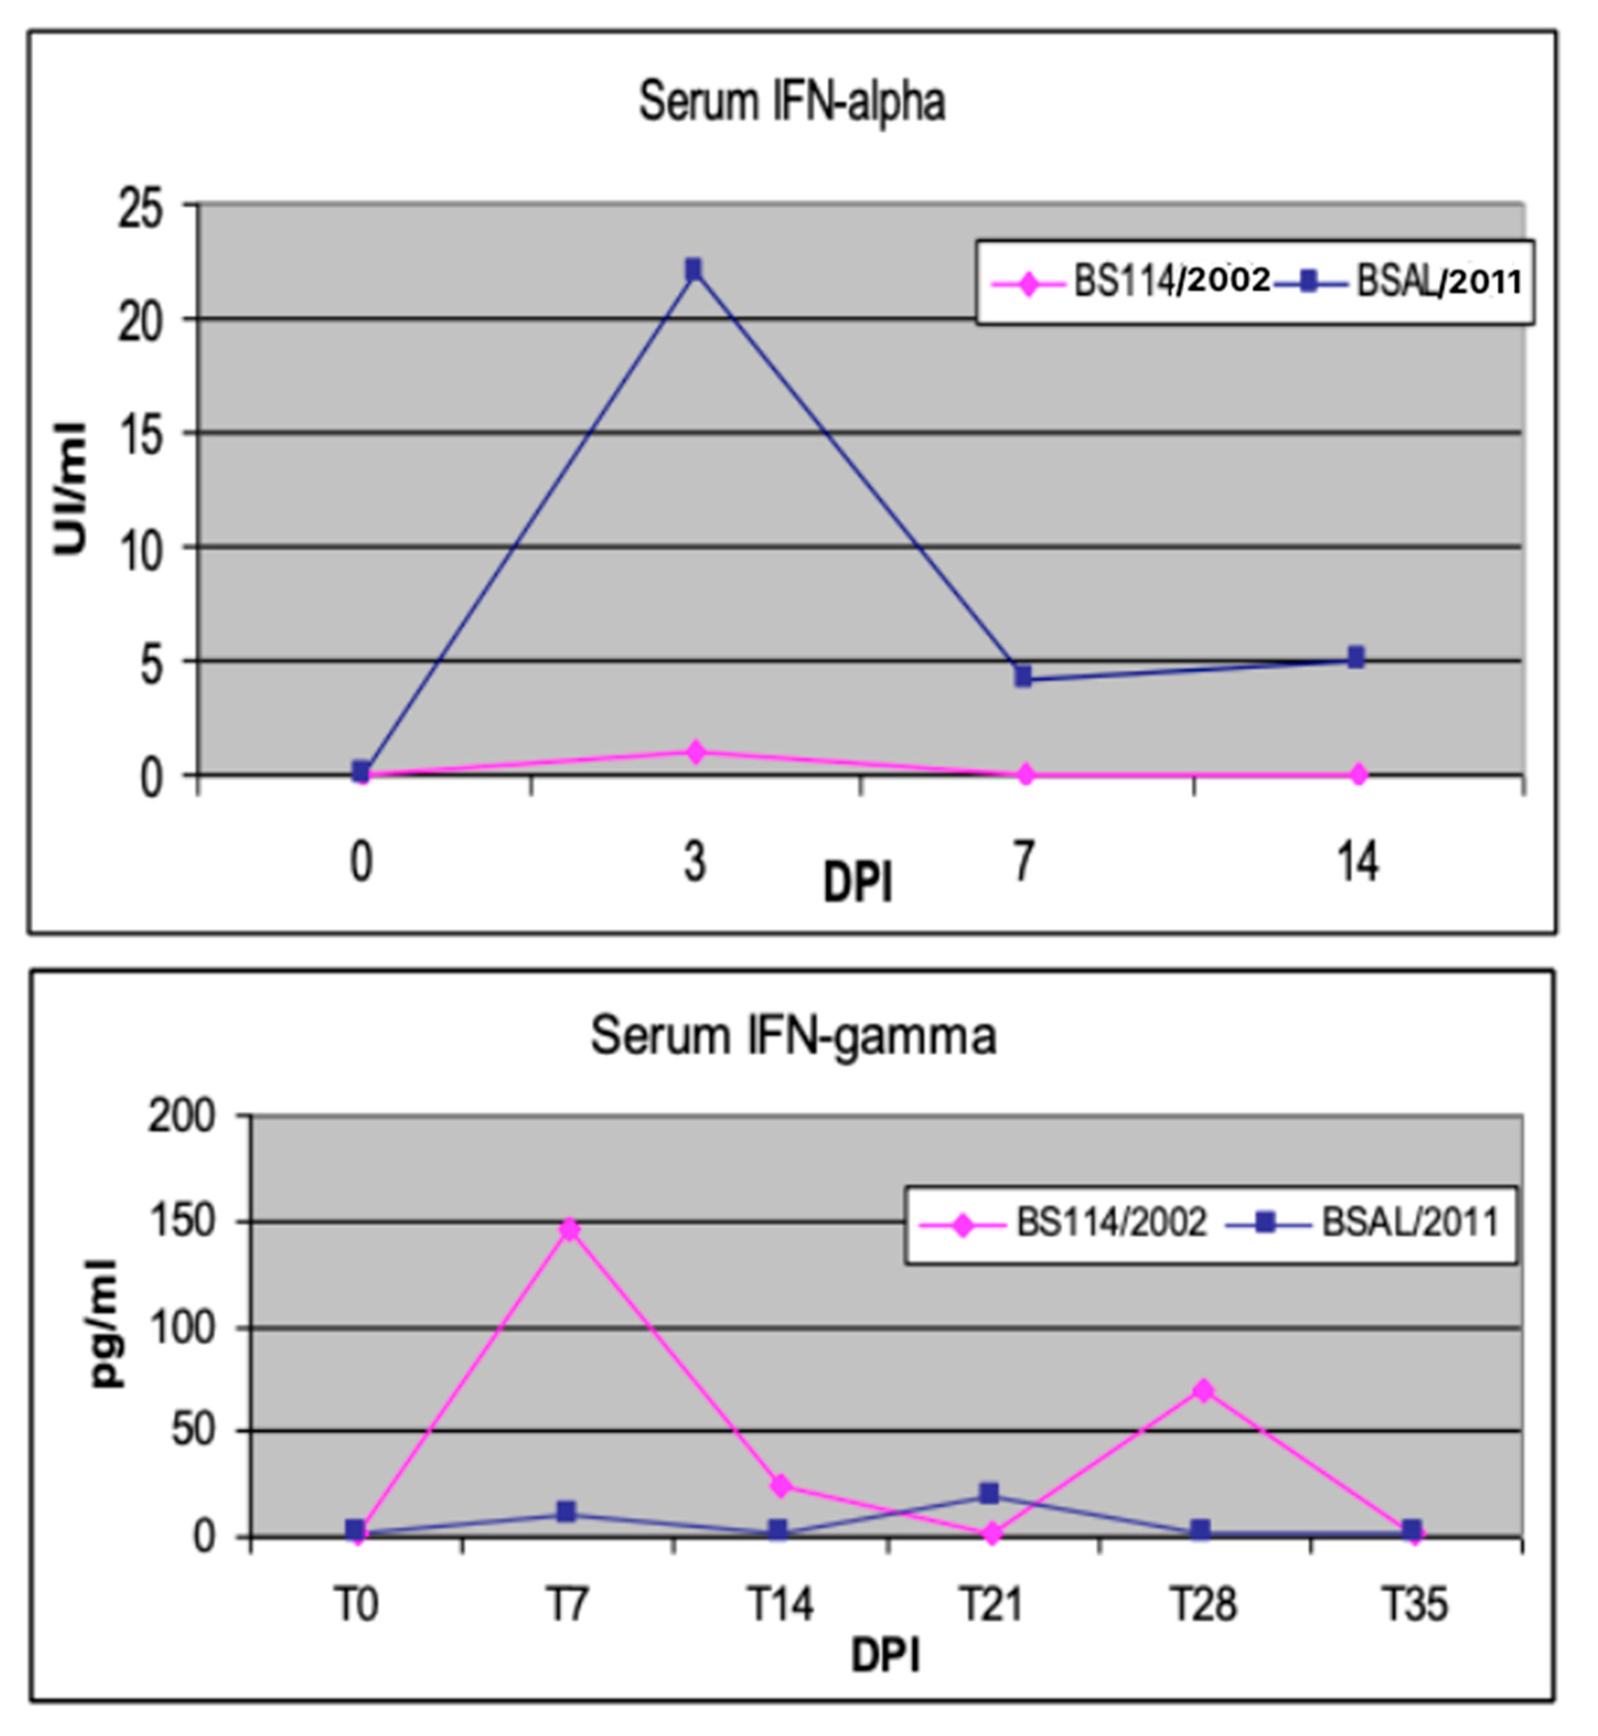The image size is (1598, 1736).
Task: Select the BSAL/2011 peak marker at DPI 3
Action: click(694, 270)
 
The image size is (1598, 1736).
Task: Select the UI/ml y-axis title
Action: click(71, 488)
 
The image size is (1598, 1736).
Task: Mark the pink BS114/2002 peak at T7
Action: click(568, 1229)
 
